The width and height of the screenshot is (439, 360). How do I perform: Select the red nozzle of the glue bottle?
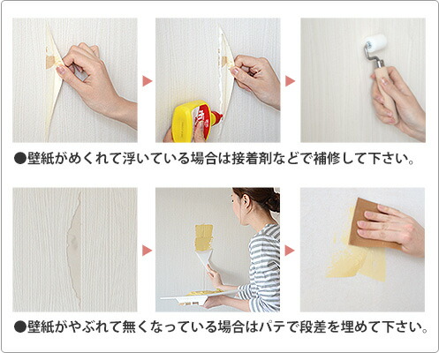(218, 116)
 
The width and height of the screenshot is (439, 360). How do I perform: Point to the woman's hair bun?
(273, 202)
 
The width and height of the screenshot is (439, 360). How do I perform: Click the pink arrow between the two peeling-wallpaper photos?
(147, 81)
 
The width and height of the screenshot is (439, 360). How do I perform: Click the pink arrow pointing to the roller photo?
(290, 81)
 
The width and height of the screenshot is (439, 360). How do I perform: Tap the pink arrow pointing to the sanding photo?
(290, 251)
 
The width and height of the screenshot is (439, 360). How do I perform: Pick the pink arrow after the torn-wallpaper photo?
(147, 251)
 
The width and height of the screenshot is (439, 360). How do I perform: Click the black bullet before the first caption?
(20, 159)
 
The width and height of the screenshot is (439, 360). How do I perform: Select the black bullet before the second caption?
(20, 327)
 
